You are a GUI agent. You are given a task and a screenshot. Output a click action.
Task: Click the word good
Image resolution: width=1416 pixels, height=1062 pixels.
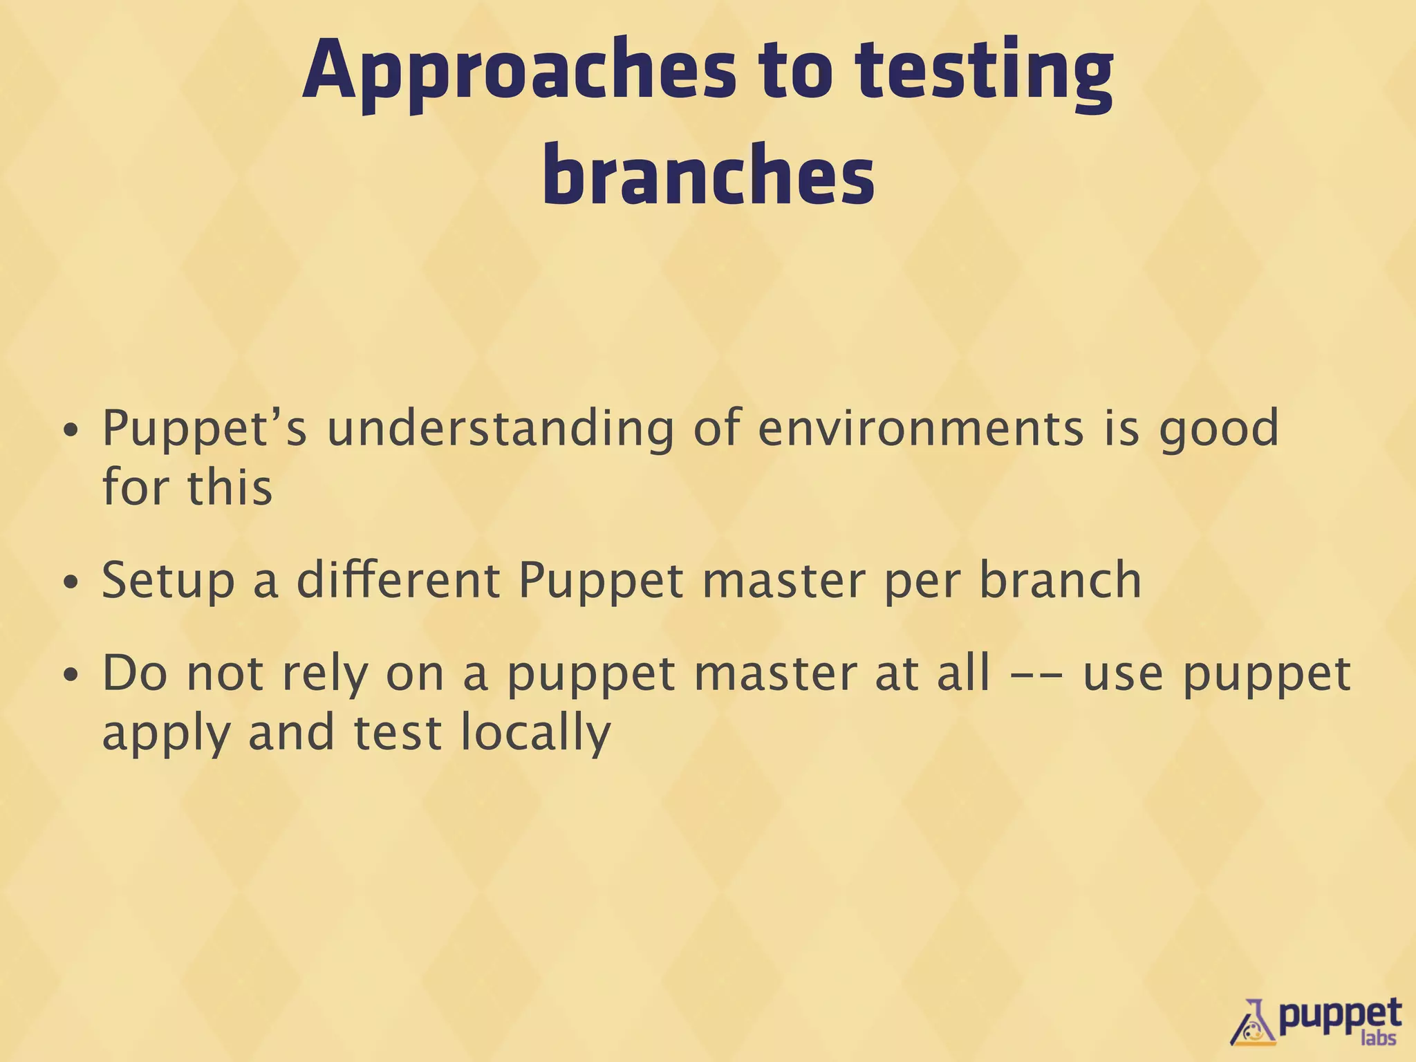coord(1218,429)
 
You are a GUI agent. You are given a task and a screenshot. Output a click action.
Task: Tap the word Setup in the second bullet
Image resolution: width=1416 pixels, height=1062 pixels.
coord(168,581)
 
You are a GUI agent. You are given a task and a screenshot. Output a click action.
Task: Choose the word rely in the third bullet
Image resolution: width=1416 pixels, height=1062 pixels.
coord(323,674)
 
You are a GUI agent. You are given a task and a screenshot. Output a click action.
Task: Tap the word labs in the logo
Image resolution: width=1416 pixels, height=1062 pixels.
coord(1377,1038)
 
